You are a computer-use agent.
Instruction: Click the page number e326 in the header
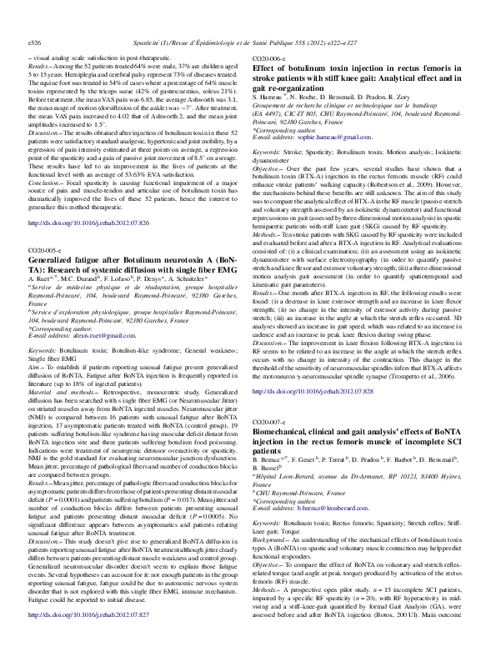[36, 17]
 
